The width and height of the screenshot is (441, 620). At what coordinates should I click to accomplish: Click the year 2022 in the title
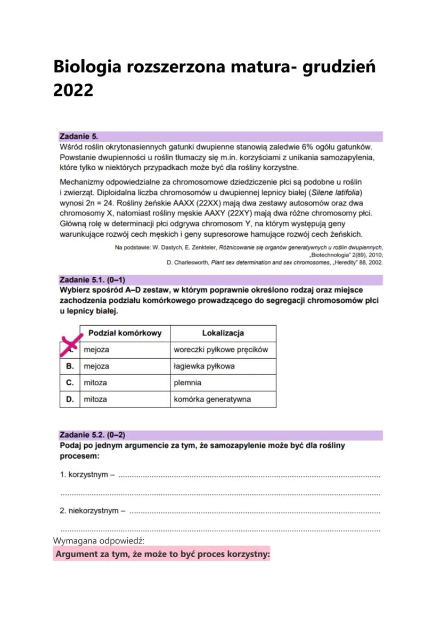click(x=73, y=90)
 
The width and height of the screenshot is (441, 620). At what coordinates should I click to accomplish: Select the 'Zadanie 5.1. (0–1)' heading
click(x=93, y=280)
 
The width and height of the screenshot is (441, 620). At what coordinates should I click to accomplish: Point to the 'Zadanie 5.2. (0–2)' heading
click(x=93, y=435)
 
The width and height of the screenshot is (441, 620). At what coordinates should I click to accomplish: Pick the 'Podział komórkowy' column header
click(x=125, y=333)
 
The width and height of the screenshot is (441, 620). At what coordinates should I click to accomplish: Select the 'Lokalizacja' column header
click(x=223, y=333)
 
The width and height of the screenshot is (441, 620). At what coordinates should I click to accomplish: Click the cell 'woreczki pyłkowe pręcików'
click(x=220, y=350)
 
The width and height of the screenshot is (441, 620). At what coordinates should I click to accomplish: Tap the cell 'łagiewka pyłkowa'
click(x=204, y=366)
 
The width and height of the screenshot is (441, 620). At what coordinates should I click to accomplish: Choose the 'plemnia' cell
click(x=187, y=383)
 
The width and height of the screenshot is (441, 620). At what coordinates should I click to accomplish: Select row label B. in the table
click(x=70, y=366)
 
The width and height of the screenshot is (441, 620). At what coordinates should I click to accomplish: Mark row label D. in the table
click(x=70, y=399)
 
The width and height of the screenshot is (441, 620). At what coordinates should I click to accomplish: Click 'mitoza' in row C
click(x=95, y=383)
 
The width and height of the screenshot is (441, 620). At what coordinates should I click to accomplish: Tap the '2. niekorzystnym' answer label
click(x=91, y=511)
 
